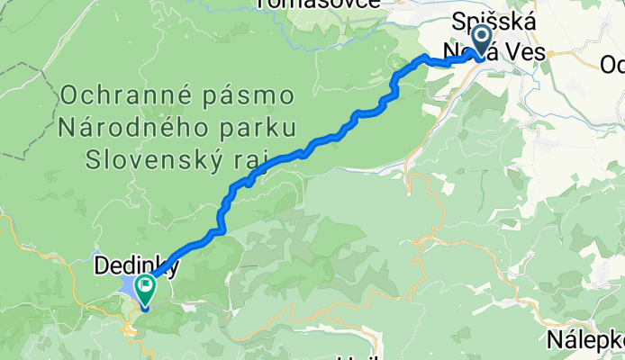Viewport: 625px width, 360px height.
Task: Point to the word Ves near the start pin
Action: coord(526,53)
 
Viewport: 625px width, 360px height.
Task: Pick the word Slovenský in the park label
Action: coord(158,160)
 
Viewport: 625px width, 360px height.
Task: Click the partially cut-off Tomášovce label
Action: coord(310,4)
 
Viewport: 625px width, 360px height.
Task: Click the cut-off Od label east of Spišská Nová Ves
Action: coord(612,65)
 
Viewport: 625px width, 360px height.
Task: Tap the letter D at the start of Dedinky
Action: coord(102,267)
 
